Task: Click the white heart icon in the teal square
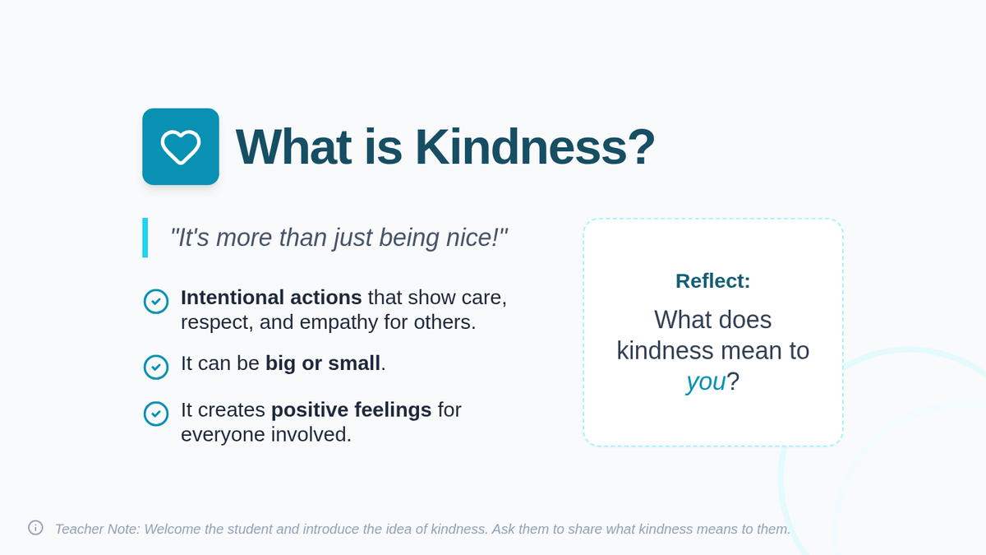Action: click(181, 147)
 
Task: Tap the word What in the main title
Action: click(293, 146)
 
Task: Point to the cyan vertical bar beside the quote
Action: click(145, 238)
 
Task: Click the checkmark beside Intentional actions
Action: click(156, 301)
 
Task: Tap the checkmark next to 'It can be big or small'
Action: click(156, 367)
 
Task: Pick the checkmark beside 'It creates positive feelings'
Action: click(156, 414)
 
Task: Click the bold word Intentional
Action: click(233, 298)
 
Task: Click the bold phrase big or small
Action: click(323, 363)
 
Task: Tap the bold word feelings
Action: click(393, 410)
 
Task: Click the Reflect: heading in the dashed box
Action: click(713, 281)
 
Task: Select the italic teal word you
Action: click(706, 382)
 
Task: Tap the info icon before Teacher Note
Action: click(35, 528)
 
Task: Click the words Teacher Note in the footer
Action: click(97, 529)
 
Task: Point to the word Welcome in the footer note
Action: click(172, 529)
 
